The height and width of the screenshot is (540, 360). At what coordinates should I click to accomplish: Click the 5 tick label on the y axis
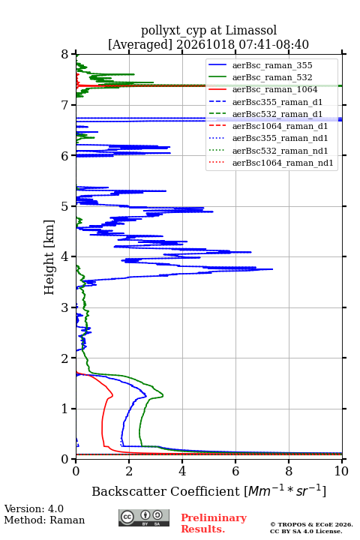[65, 206]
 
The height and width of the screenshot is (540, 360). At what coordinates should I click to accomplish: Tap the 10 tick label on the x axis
[341, 471]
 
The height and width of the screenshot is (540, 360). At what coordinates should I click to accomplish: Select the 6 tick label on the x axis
[235, 471]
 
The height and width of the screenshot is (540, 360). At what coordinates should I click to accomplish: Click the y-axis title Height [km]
[49, 257]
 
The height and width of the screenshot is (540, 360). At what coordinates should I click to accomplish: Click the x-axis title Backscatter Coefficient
[166, 491]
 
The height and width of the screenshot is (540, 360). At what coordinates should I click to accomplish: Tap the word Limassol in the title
[251, 31]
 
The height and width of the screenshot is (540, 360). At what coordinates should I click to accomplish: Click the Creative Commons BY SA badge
[144, 517]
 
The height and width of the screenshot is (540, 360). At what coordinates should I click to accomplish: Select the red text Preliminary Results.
[214, 523]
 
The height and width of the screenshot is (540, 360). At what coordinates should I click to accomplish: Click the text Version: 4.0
[34, 508]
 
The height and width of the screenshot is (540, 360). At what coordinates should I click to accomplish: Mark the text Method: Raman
[44, 520]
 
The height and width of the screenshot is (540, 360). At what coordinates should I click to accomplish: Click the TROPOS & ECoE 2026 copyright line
[312, 524]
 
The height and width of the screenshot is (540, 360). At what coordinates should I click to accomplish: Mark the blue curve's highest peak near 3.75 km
[272, 269]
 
